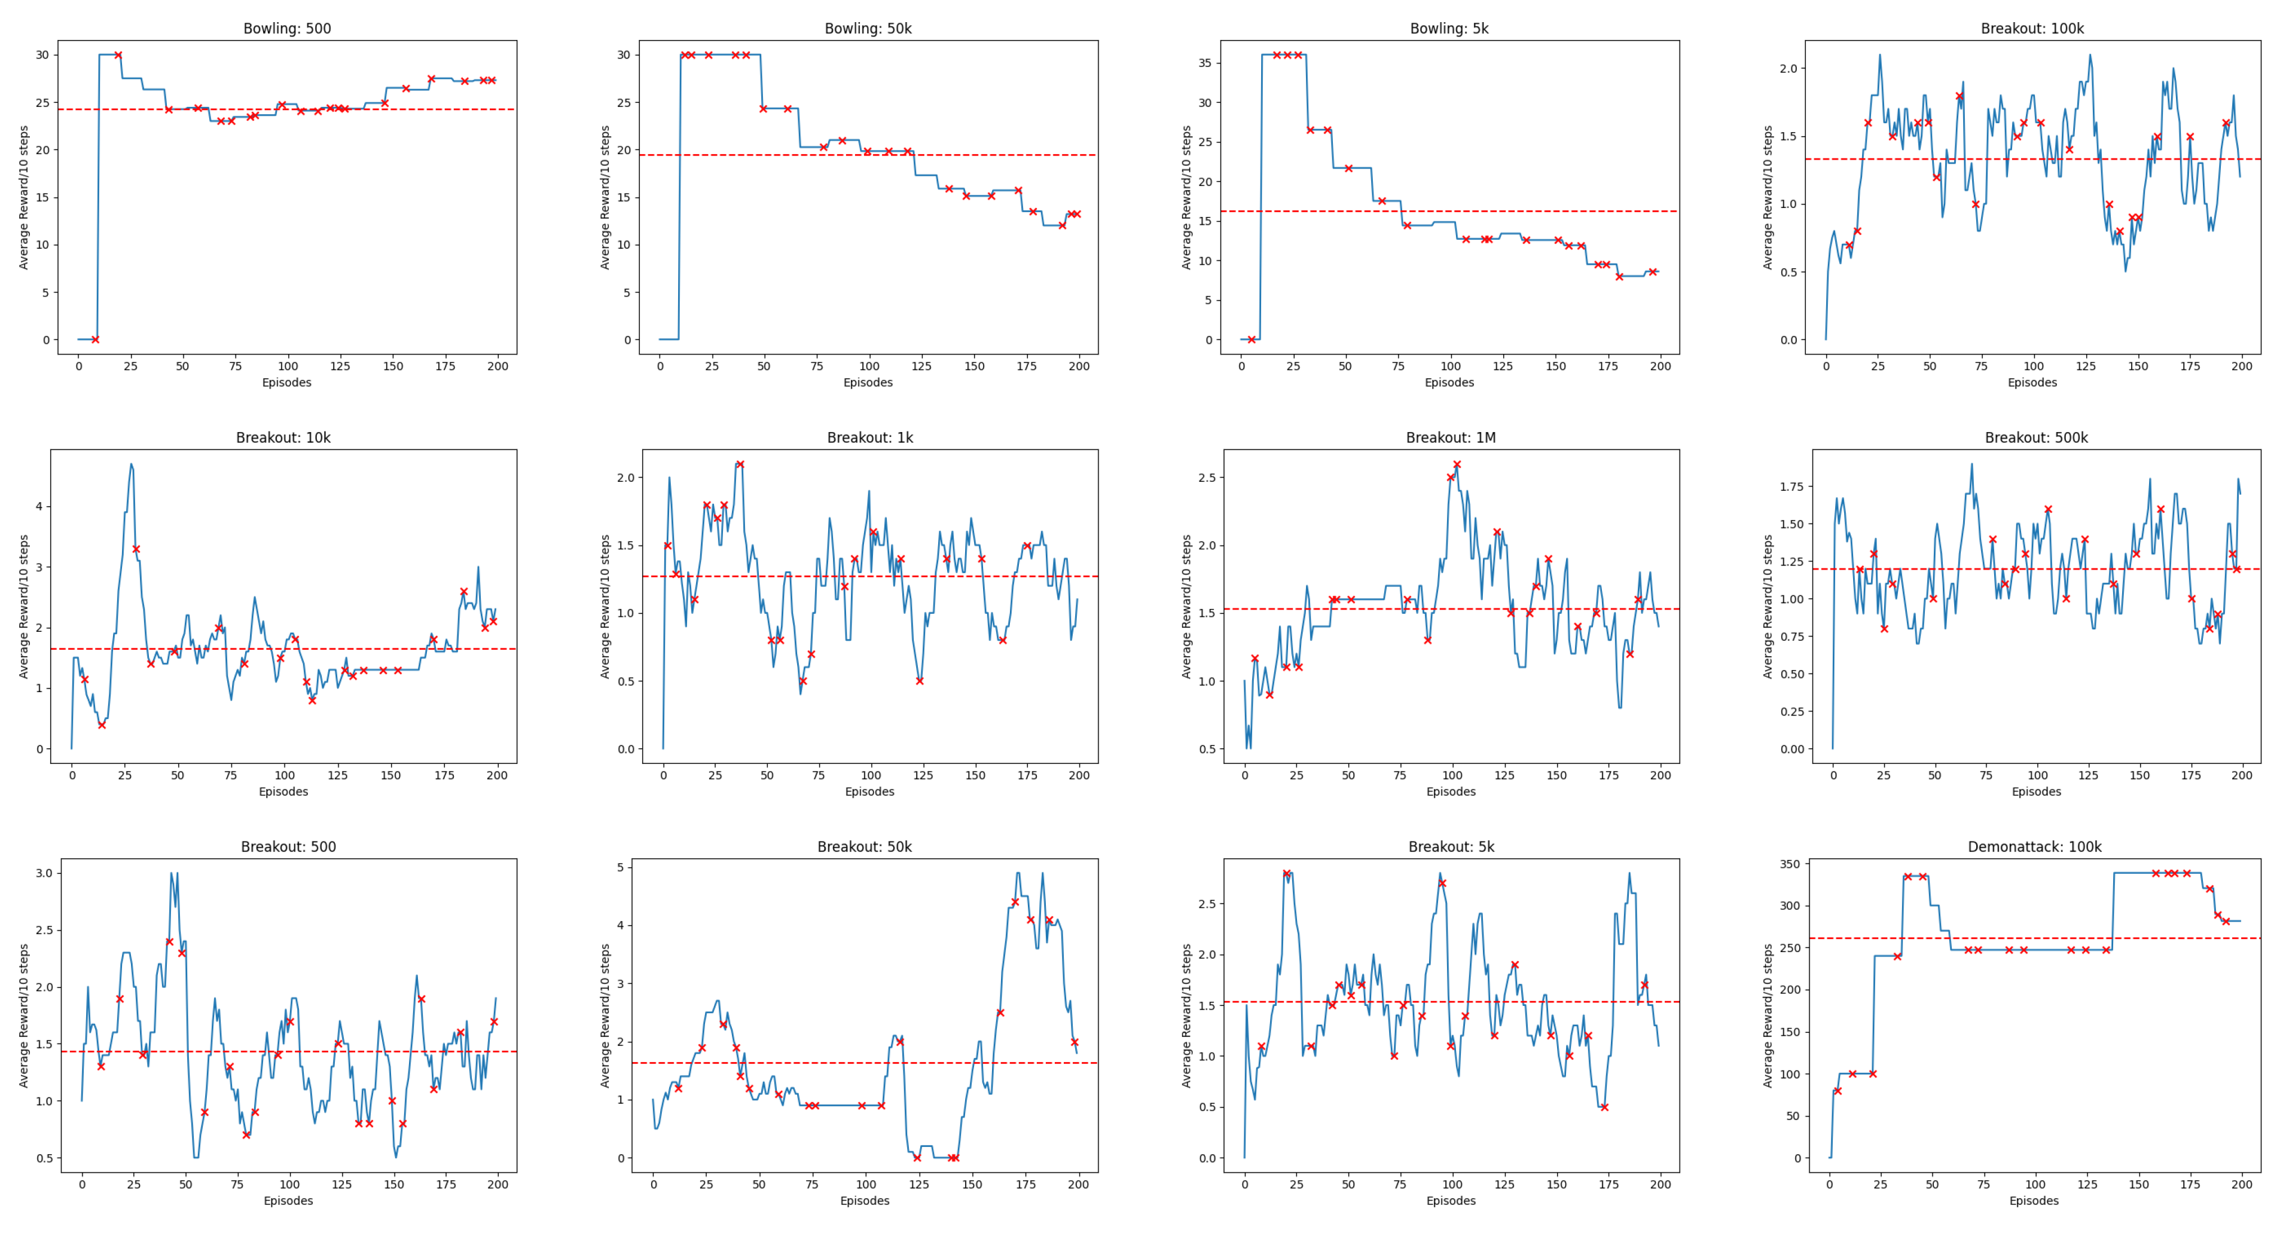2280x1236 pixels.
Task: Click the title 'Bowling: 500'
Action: (287, 28)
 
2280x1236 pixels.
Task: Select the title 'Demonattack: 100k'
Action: (2034, 847)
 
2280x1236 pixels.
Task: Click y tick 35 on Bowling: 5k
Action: (1205, 63)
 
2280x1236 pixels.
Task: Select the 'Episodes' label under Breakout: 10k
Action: (283, 792)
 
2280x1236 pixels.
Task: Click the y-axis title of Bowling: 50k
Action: (605, 197)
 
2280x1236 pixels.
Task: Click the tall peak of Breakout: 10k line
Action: (131, 464)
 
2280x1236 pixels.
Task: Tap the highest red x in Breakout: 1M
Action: (1457, 464)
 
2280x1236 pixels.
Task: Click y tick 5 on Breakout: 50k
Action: (619, 867)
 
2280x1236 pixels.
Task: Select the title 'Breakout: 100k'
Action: (2032, 28)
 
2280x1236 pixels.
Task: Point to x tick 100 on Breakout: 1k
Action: (871, 776)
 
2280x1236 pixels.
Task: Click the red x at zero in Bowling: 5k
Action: (1251, 339)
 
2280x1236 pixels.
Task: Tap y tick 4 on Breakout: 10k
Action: (39, 507)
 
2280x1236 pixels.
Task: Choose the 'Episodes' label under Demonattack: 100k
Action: (2034, 1201)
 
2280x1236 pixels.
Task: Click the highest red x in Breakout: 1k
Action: (740, 464)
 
